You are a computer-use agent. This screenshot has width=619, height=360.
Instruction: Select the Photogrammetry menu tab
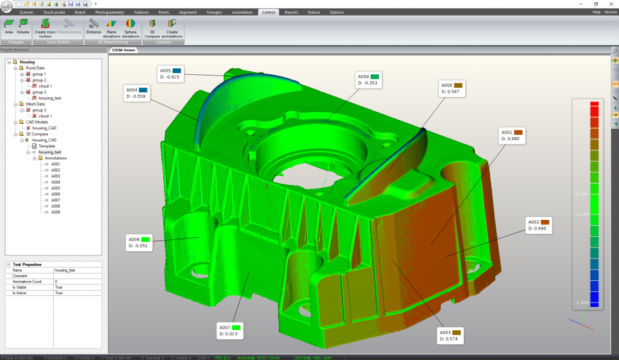(109, 12)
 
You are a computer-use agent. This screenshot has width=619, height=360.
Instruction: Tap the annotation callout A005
(172, 74)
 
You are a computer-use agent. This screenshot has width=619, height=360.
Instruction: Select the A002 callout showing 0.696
(540, 225)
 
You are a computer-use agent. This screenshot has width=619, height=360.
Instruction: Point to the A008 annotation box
(139, 242)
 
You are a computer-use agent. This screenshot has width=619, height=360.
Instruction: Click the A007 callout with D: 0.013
(230, 330)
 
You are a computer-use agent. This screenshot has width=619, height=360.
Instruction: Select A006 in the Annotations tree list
(56, 194)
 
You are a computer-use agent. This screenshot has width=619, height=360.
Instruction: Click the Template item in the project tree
(47, 146)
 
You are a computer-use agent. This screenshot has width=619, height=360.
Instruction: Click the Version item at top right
(610, 12)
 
